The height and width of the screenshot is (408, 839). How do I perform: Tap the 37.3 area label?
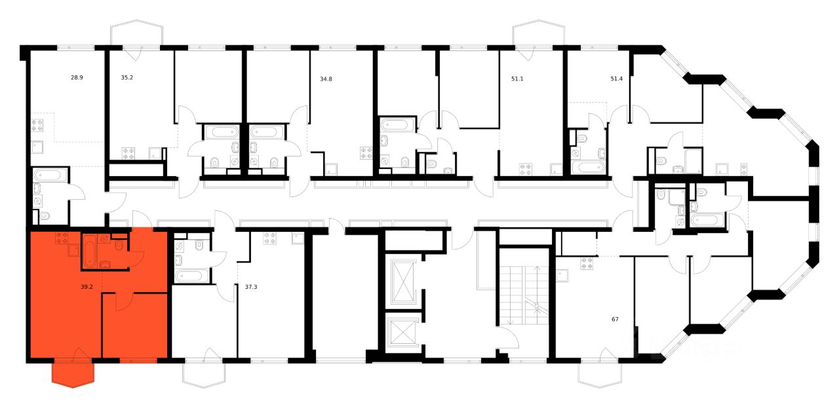250,286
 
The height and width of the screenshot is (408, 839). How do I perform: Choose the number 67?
615,320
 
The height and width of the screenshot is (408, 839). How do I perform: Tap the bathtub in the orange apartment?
90,251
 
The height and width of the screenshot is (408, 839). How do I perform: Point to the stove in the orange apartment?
62,238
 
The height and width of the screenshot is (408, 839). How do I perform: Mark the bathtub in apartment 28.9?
50,176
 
